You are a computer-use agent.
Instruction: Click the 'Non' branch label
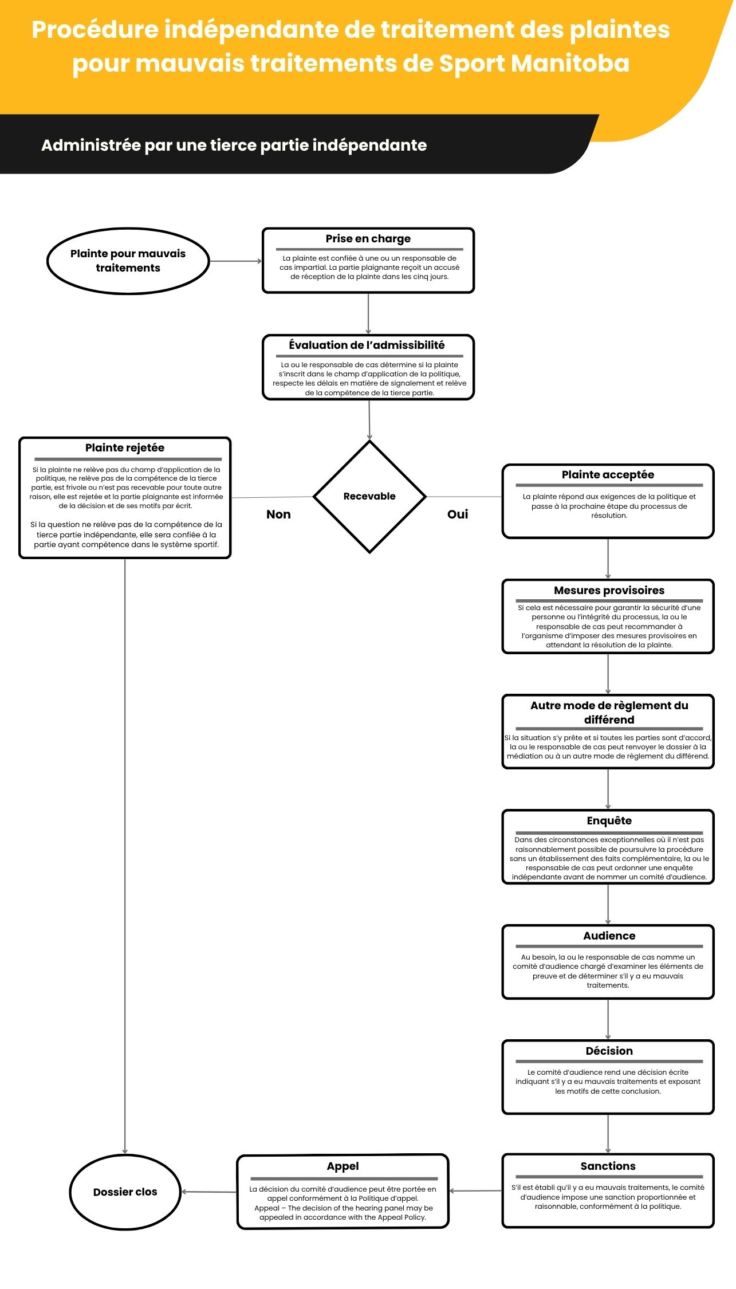tap(278, 514)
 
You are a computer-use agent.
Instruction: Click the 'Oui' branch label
tap(458, 514)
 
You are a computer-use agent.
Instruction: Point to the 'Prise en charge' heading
tap(368, 238)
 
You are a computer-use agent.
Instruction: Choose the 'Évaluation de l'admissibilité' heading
tap(367, 345)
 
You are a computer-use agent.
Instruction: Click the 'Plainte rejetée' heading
tap(125, 447)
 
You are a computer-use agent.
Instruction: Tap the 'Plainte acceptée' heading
tap(608, 474)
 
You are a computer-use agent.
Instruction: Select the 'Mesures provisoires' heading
tap(609, 590)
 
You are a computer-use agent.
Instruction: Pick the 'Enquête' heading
tap(609, 820)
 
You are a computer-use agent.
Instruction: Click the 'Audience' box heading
tap(609, 936)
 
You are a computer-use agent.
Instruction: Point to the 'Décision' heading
tap(609, 1051)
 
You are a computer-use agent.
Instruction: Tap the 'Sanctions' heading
tap(608, 1166)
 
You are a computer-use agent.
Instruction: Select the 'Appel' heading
tap(343, 1166)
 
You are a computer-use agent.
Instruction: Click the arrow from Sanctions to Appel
tap(475, 1191)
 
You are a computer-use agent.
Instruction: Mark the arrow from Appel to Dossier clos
tap(209, 1192)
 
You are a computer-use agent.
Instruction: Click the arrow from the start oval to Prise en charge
tap(236, 261)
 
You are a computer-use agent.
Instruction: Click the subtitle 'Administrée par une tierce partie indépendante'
tap(234, 146)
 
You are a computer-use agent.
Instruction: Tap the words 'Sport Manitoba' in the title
tap(534, 63)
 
